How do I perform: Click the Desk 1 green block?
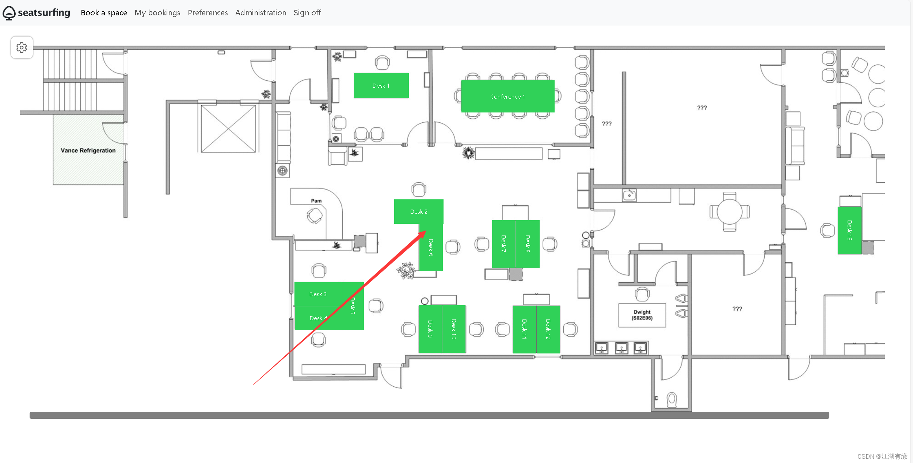[381, 85]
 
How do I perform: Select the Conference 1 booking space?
[507, 96]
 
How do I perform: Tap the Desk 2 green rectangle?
[419, 211]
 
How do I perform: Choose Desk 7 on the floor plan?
[504, 244]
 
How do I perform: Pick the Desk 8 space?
[528, 244]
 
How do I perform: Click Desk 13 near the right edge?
[849, 230]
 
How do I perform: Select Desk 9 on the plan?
[430, 329]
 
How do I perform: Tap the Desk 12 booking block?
[548, 329]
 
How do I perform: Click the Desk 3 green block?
[318, 294]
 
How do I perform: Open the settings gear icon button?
[22, 47]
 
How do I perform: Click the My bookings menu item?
[157, 13]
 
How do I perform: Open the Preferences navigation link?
[208, 13]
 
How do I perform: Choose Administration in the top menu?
[261, 13]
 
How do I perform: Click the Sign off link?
[307, 13]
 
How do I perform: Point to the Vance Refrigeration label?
[88, 150]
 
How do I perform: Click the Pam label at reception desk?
[316, 201]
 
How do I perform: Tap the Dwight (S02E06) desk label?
[642, 315]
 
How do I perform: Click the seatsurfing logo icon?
[9, 13]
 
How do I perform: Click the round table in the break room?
[730, 212]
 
